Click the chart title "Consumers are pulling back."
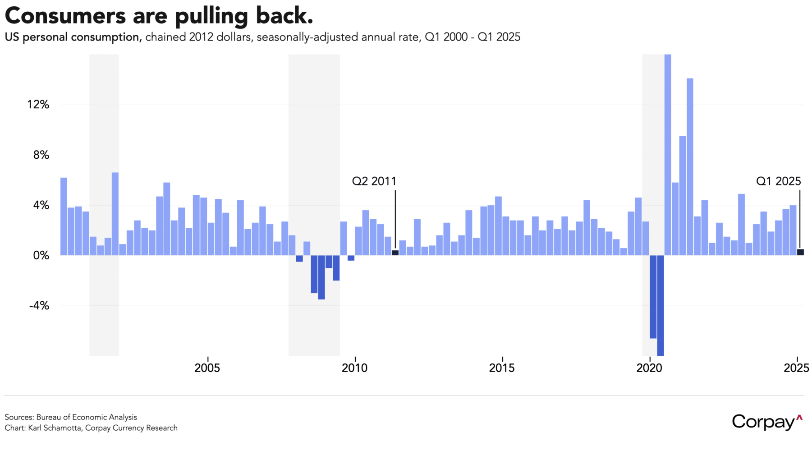click(159, 16)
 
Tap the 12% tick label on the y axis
click(38, 105)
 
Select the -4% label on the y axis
click(39, 306)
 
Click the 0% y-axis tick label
click(41, 256)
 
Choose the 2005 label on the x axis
click(207, 368)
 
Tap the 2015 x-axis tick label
click(502, 368)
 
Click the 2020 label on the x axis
click(649, 368)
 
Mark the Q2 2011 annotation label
click(374, 181)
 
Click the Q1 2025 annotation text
click(778, 181)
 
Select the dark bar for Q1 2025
click(800, 252)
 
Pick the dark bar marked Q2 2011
click(395, 253)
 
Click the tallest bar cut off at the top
click(668, 153)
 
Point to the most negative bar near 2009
click(321, 277)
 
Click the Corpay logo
click(767, 422)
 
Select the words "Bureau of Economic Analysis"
click(87, 417)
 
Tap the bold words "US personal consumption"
click(73, 37)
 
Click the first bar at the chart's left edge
click(64, 216)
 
